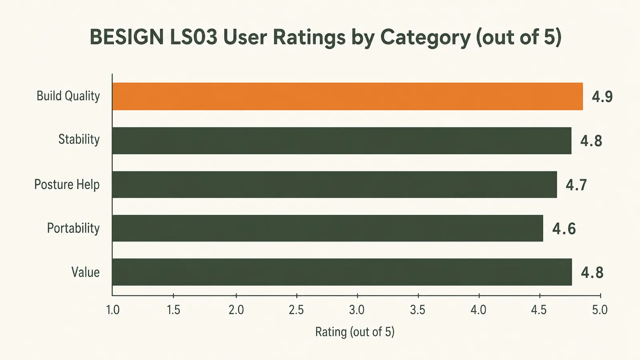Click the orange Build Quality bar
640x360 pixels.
click(x=347, y=96)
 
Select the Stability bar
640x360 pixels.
click(x=342, y=140)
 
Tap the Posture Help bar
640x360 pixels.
click(x=335, y=184)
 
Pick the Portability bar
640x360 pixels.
click(x=327, y=228)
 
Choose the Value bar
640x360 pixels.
click(x=342, y=272)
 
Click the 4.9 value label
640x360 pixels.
click(x=602, y=97)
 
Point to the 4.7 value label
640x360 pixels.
click(x=576, y=185)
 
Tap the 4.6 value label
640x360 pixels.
click(x=564, y=228)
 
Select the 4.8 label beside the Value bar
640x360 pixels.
click(x=592, y=272)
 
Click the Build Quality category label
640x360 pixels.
click(x=68, y=96)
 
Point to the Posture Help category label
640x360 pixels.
click(x=67, y=184)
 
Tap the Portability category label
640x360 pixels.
click(x=73, y=228)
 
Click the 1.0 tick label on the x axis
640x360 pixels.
click(x=112, y=310)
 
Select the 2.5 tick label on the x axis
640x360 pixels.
click(x=296, y=310)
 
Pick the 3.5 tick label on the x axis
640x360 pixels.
click(x=417, y=310)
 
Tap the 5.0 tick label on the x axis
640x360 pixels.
click(x=600, y=310)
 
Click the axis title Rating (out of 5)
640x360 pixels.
click(x=355, y=332)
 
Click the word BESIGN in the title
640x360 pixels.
click(x=127, y=37)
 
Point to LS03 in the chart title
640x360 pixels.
click(x=194, y=37)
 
